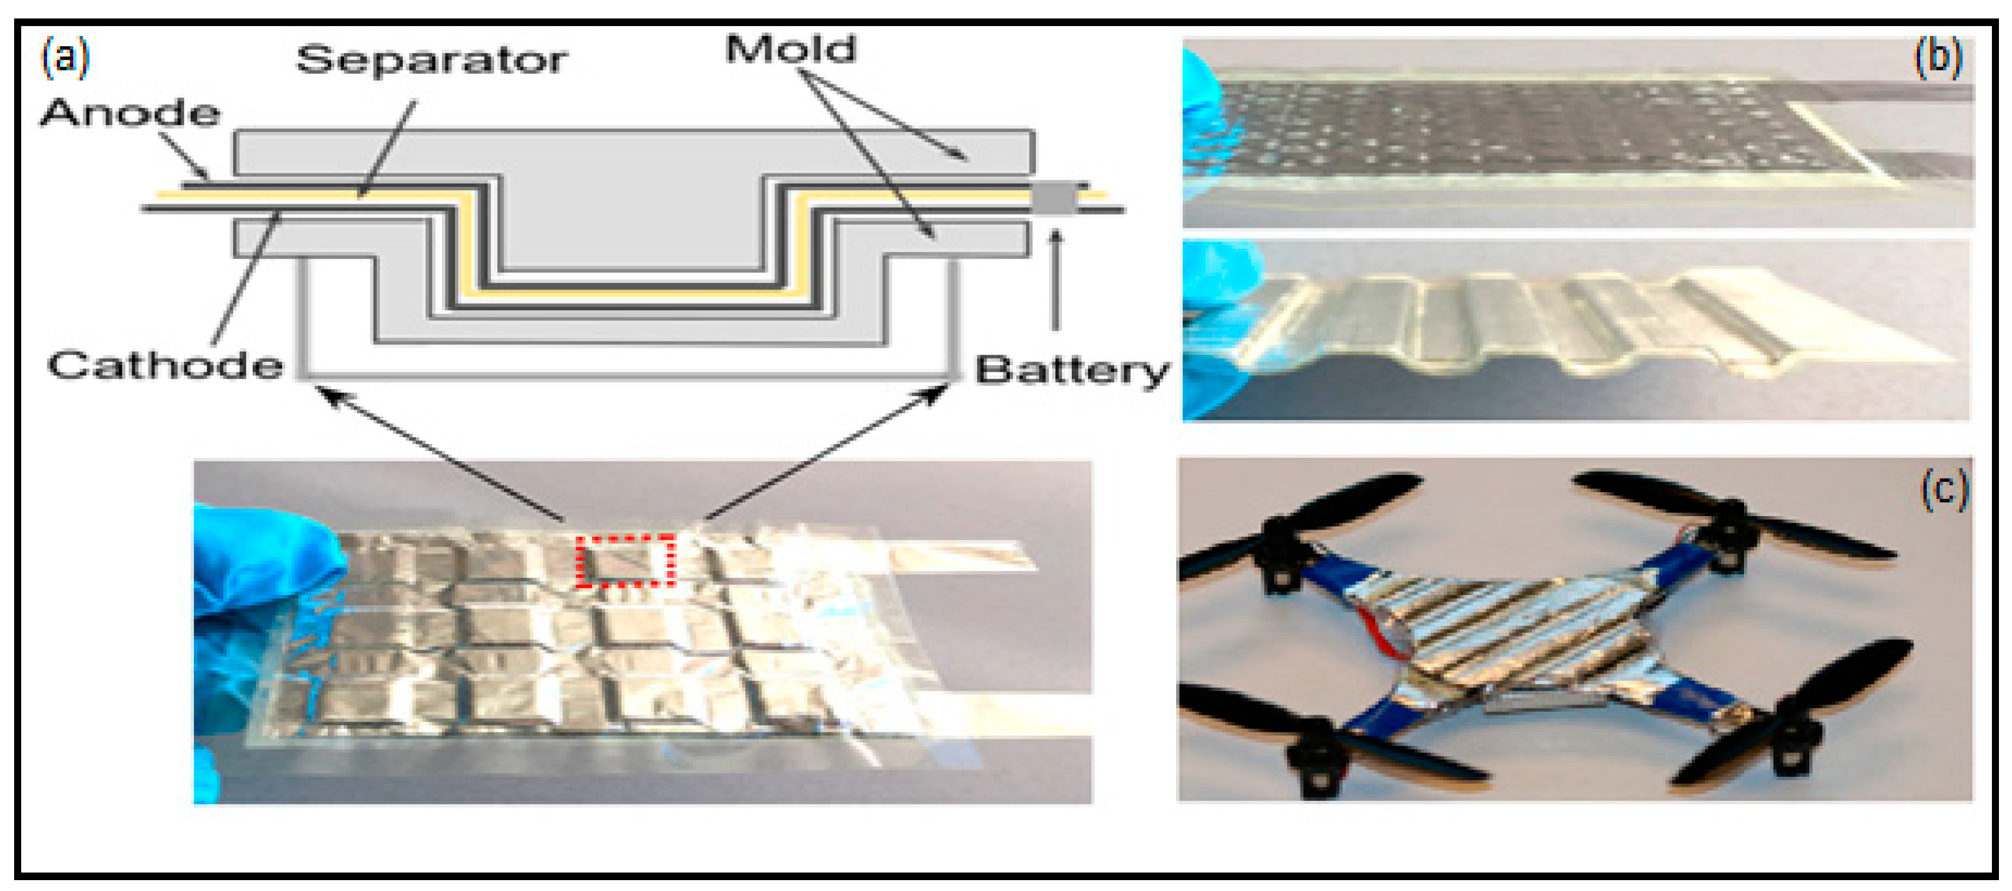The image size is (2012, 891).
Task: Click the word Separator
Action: (x=431, y=60)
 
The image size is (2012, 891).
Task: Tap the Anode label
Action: (x=130, y=113)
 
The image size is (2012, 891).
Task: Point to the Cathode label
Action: (x=165, y=365)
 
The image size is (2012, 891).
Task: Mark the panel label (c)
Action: (x=1944, y=490)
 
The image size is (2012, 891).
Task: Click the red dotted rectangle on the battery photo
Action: (x=626, y=560)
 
